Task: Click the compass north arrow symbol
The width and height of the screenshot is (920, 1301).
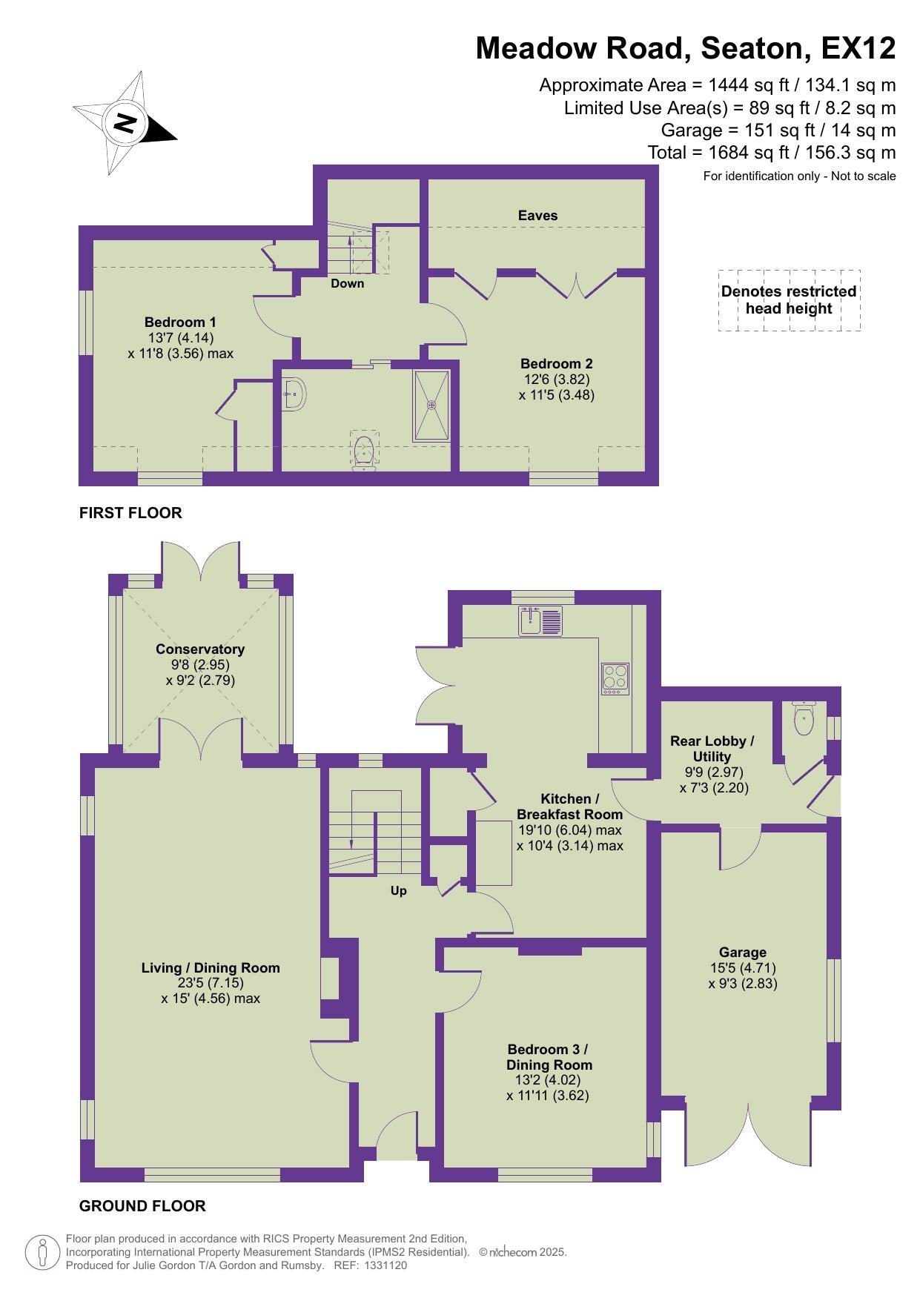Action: point(125,123)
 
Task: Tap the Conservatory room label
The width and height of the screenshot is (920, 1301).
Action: point(199,649)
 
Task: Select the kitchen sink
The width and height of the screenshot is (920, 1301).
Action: point(542,621)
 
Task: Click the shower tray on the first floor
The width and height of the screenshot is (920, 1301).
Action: point(431,405)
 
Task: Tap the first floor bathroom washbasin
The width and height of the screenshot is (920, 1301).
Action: point(293,394)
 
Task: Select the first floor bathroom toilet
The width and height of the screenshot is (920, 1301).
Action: point(363,451)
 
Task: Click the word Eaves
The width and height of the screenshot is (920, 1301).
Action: point(537,216)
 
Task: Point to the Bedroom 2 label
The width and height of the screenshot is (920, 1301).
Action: point(556,364)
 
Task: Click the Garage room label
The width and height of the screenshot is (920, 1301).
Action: point(742,953)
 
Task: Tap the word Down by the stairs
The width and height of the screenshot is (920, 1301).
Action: point(348,283)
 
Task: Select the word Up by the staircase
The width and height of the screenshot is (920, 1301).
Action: point(399,891)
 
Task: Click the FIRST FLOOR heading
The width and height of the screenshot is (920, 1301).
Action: point(130,513)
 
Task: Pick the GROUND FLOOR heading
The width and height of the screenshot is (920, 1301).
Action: point(142,1206)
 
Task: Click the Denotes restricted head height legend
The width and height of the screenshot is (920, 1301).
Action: point(789,300)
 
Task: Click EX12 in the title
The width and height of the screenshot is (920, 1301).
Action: point(858,49)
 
